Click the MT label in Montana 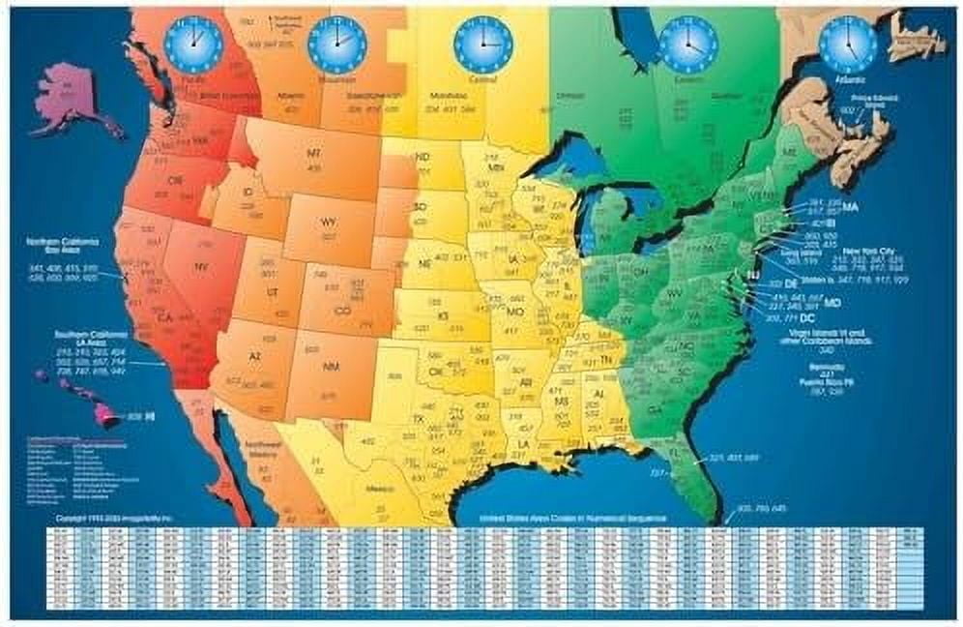(313, 155)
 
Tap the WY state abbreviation (329, 222)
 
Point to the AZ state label (256, 356)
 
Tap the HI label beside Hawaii (149, 416)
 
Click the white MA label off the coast (850, 207)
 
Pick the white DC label (782, 317)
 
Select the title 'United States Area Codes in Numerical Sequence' (565, 521)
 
